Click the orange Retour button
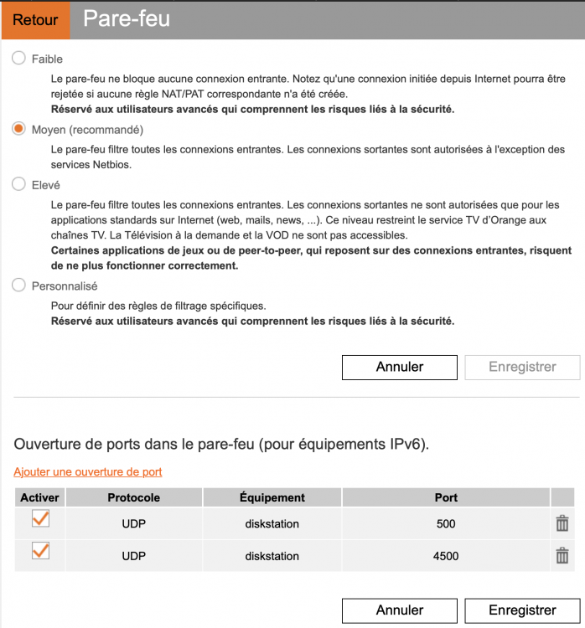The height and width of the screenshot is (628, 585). (35, 20)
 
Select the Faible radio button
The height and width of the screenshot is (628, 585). (19, 59)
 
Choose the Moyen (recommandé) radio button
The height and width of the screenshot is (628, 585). (19, 130)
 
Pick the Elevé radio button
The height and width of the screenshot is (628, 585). (19, 184)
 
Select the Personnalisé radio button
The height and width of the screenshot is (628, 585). (19, 286)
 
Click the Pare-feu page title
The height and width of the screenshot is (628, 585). (127, 19)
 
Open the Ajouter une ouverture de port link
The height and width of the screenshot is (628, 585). (88, 472)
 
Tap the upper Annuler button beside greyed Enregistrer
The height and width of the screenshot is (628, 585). (400, 367)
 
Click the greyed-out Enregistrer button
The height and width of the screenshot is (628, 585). (522, 367)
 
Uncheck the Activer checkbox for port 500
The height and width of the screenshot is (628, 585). (39, 520)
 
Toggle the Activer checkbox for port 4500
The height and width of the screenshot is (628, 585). (39, 552)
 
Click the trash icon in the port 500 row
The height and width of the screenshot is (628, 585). (562, 524)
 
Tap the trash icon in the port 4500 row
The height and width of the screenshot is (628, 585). (562, 556)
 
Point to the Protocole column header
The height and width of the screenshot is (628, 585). (134, 497)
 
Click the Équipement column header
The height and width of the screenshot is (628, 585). (272, 497)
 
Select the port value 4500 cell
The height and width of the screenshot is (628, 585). (446, 556)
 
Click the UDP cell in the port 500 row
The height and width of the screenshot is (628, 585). (134, 524)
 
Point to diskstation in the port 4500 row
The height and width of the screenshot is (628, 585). (272, 556)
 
